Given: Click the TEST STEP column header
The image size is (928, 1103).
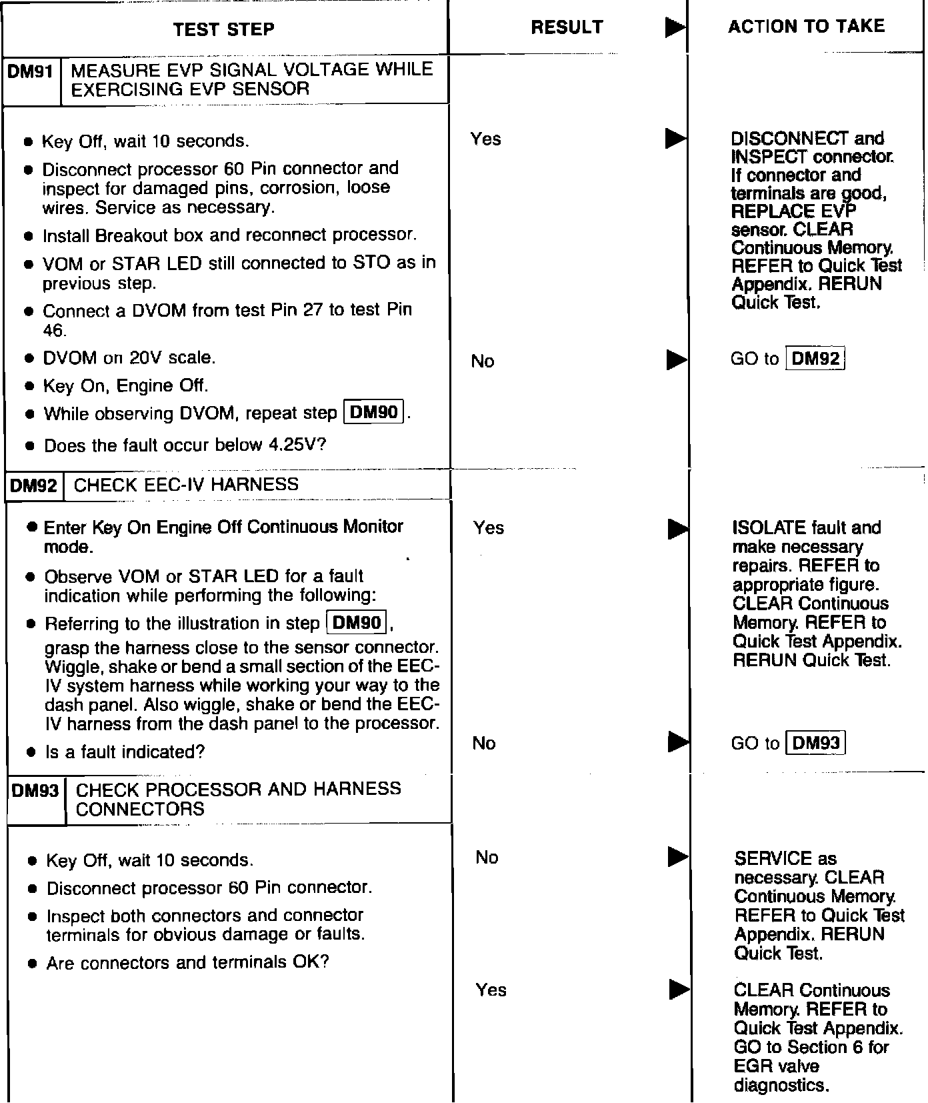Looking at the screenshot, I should point(223,29).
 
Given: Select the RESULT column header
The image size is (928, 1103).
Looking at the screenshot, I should point(567,27).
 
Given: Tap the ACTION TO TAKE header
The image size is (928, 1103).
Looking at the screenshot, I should point(806,27).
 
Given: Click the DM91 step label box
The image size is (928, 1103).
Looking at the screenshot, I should point(31,71).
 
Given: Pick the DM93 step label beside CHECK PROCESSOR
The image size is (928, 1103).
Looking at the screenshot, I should point(36,790).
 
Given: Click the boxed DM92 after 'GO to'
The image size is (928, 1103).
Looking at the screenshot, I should point(816,359).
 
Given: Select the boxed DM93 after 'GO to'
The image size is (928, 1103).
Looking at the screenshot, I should point(817,742).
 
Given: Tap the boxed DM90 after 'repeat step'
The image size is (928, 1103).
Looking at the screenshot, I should point(373,412).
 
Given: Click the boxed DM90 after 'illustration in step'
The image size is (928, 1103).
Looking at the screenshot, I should point(357,623).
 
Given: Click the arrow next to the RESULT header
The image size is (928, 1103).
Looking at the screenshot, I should point(675,28).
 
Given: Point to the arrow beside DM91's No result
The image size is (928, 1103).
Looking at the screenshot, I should point(676,361).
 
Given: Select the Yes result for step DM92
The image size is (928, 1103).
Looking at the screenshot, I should point(489,527).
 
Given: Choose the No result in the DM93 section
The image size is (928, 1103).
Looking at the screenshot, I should point(487,857).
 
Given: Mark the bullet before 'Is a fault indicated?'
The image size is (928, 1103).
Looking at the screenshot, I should point(31,752).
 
